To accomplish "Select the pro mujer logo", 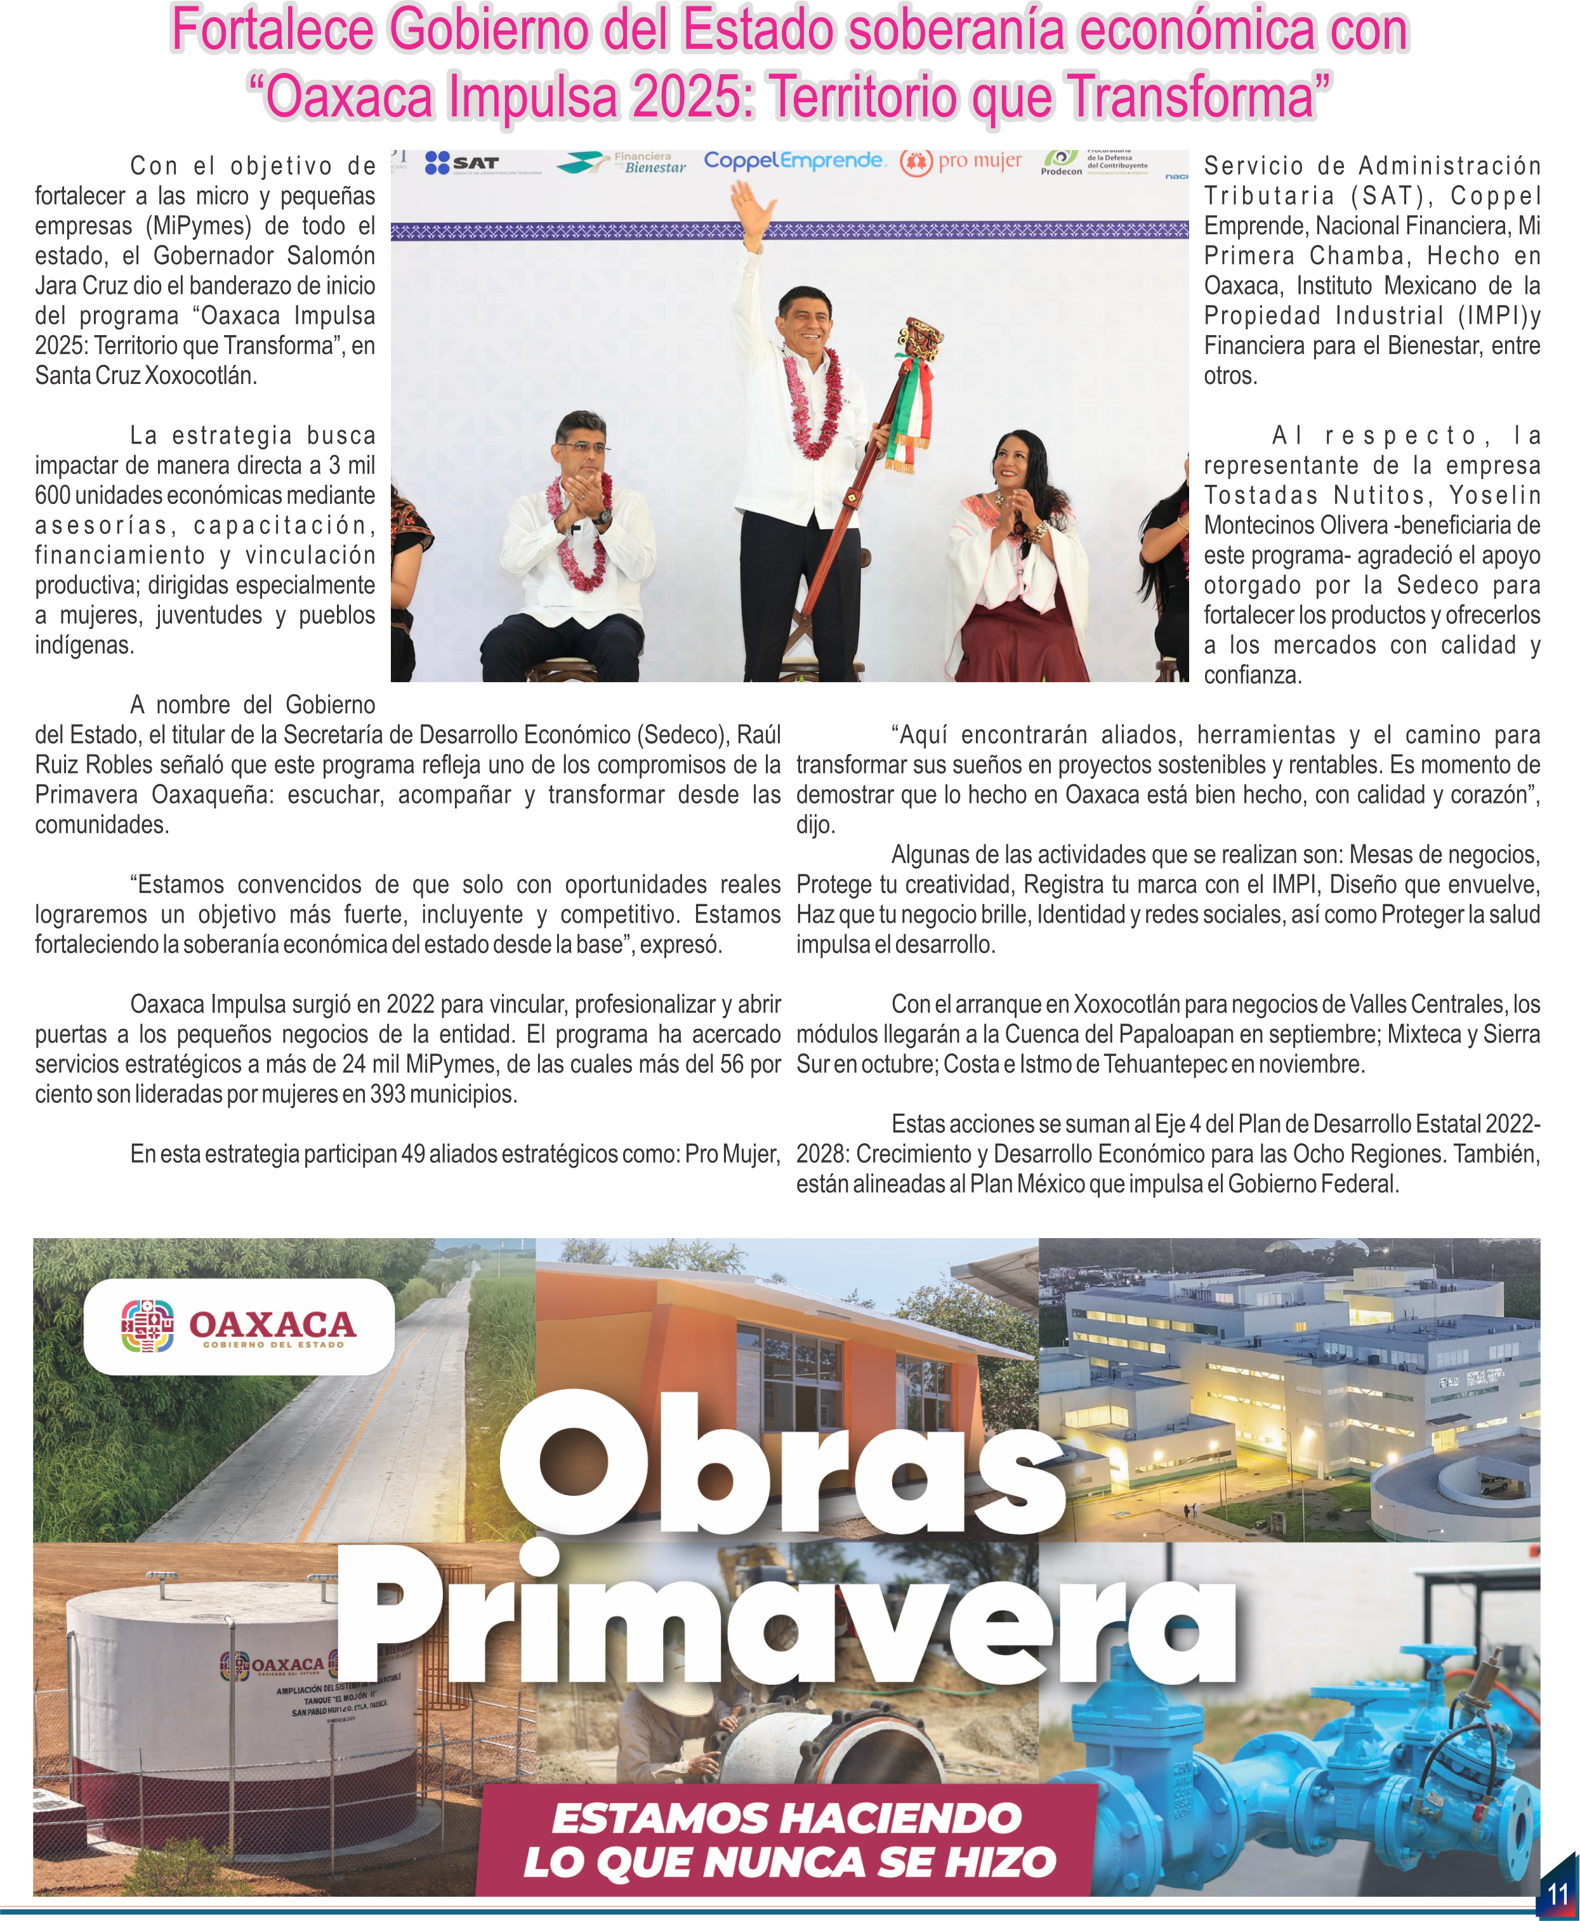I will coord(961,162).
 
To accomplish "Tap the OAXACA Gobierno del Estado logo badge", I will coord(239,1326).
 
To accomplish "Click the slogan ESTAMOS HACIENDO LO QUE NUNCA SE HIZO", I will coord(788,1840).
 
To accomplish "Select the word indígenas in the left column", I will coord(84,645).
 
